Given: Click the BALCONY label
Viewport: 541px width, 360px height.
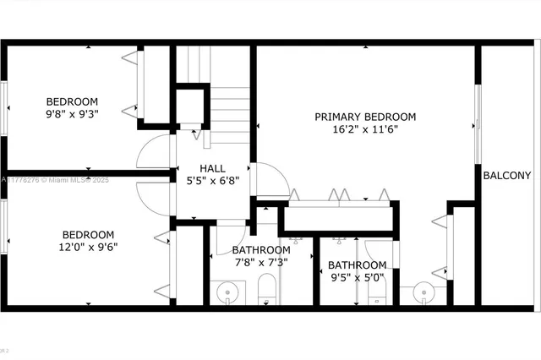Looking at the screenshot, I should [x=507, y=176].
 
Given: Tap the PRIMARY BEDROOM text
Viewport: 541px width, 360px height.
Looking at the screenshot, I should [x=365, y=117].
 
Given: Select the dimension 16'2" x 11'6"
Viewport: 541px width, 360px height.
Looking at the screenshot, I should [x=365, y=129].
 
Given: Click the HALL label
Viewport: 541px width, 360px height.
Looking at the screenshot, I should [x=212, y=168].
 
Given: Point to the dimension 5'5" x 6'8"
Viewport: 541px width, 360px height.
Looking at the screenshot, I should [x=212, y=180].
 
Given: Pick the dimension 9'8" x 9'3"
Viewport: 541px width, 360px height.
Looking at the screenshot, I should [x=72, y=113].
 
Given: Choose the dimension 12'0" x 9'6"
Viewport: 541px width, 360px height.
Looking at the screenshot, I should [x=88, y=248].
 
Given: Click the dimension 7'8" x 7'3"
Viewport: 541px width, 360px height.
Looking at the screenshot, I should [x=260, y=262].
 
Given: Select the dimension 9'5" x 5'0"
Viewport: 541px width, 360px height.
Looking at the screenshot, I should [x=357, y=277].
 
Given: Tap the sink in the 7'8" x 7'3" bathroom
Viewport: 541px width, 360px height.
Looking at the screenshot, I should [x=227, y=292].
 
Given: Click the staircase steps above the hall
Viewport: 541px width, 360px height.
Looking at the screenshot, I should [x=230, y=106].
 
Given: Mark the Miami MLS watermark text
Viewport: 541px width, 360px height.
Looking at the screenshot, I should [x=52, y=180].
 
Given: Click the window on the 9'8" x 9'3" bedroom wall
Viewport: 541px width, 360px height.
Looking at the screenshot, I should [x=4, y=106].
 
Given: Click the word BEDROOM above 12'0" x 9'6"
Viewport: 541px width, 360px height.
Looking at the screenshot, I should [x=88, y=235].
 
